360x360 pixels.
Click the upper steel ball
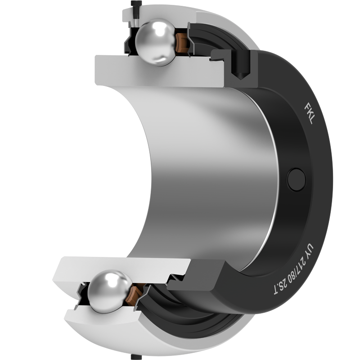pos(156,42)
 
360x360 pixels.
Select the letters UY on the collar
pos(309,250)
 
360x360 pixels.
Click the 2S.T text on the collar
pos(280,289)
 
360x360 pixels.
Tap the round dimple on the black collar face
pos(297,180)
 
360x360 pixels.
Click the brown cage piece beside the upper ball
pos(182,43)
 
